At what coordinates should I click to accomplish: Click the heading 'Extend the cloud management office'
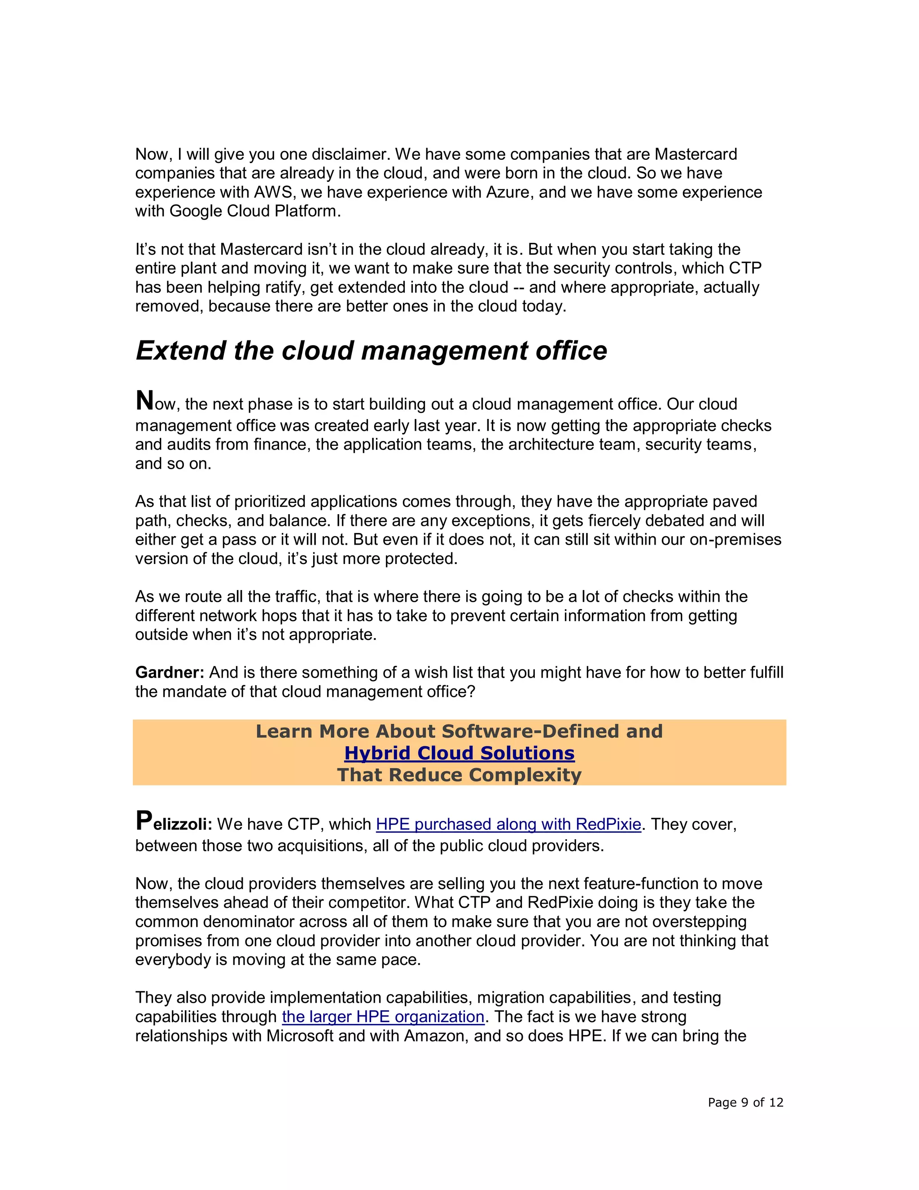371,350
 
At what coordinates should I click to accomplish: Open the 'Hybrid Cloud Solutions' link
459,753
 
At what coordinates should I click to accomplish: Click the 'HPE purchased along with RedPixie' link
508,824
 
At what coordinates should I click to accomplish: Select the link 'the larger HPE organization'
383,1016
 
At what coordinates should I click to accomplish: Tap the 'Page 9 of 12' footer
745,1102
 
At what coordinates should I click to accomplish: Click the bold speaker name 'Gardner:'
169,672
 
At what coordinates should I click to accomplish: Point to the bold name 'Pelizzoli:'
174,823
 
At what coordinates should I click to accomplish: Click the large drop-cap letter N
145,401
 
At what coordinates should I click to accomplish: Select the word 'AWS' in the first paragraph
273,192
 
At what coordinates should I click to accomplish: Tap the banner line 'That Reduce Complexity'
459,774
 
